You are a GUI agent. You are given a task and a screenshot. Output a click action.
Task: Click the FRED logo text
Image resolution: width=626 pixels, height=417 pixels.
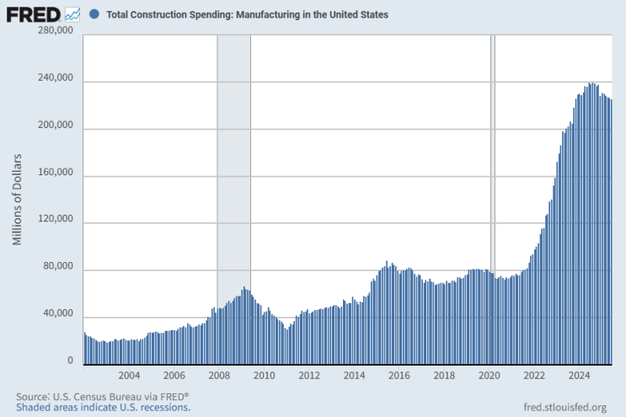33,14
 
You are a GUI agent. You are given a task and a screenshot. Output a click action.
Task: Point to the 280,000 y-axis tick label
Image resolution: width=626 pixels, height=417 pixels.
56,31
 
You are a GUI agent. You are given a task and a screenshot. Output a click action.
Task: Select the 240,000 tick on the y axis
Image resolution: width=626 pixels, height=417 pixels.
56,79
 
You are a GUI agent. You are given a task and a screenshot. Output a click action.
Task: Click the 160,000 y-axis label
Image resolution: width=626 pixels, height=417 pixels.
56,174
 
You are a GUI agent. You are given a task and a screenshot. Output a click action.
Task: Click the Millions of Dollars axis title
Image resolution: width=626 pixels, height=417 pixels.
17,200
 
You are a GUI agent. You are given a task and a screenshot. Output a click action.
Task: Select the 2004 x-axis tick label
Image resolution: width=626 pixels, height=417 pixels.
129,376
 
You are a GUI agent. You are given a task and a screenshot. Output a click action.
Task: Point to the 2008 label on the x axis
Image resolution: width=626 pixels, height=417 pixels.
219,376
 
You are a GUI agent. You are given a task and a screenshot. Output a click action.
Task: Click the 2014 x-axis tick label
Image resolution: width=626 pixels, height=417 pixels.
354,376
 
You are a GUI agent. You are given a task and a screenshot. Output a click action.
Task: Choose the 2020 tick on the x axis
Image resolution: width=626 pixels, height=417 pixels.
490,376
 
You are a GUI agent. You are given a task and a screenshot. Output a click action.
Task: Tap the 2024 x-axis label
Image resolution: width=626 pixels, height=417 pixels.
579,376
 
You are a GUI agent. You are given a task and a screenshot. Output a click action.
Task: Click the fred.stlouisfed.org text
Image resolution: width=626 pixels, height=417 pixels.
564,408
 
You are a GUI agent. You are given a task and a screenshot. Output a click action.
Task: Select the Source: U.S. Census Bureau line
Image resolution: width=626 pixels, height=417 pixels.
102,396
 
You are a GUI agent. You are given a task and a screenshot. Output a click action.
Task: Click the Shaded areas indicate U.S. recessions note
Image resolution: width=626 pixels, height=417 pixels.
103,408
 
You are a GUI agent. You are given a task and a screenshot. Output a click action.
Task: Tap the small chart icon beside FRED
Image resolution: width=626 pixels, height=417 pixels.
72,14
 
